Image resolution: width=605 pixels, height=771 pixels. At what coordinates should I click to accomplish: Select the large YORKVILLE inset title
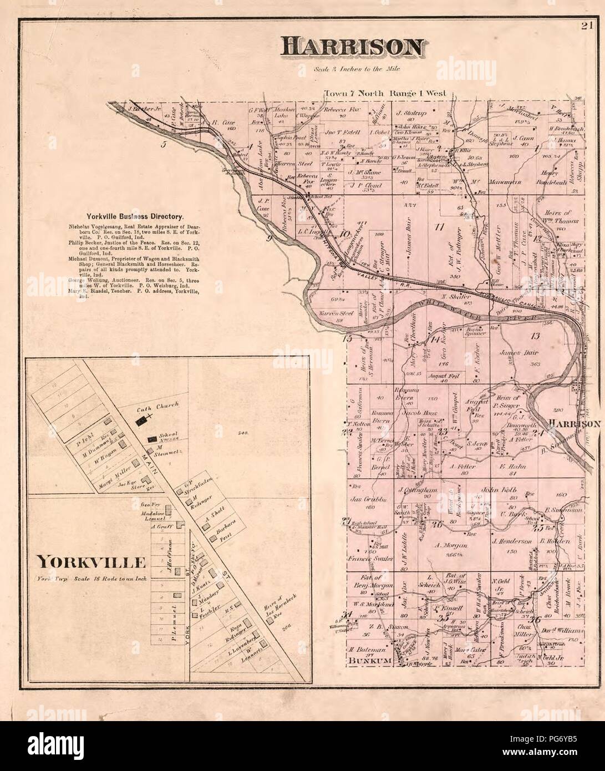pyautogui.click(x=91, y=563)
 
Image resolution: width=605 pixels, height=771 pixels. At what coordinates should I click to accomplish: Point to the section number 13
pyautogui.click(x=535, y=335)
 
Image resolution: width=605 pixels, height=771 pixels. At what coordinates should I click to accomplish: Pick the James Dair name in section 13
pyautogui.click(x=516, y=352)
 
